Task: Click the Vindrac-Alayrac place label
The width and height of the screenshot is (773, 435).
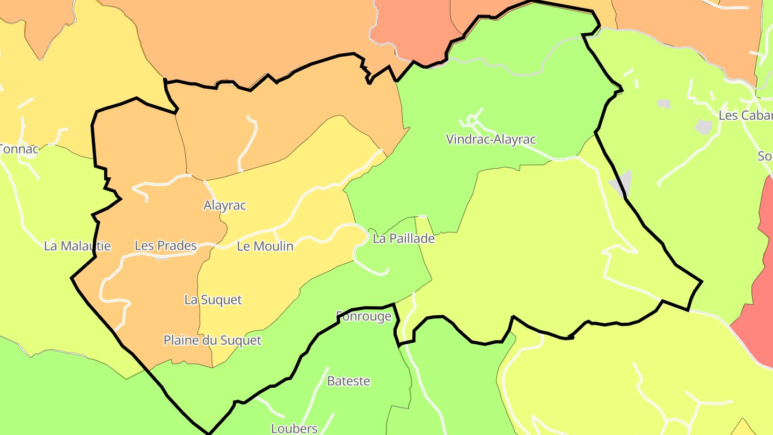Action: coord(491,140)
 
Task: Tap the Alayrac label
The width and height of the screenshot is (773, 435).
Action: coord(224,205)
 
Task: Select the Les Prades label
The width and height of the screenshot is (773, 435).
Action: coord(165,246)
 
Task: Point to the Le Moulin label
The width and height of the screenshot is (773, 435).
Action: coord(265,247)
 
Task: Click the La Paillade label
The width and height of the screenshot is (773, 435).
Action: coord(403,239)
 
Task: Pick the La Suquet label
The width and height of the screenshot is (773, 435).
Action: coord(213,300)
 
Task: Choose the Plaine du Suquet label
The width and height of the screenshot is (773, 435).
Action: coord(212,340)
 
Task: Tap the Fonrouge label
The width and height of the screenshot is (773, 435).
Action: coord(363,316)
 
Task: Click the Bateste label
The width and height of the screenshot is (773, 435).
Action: coord(348,381)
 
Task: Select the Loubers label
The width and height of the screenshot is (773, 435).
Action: coord(294,429)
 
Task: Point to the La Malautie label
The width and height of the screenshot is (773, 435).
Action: coord(77,246)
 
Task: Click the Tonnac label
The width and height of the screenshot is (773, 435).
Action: coord(19,149)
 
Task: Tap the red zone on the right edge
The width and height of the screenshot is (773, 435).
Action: coord(757,311)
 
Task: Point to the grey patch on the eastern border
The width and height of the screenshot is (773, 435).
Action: coord(622,184)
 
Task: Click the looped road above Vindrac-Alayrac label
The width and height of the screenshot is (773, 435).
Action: coord(472,119)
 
